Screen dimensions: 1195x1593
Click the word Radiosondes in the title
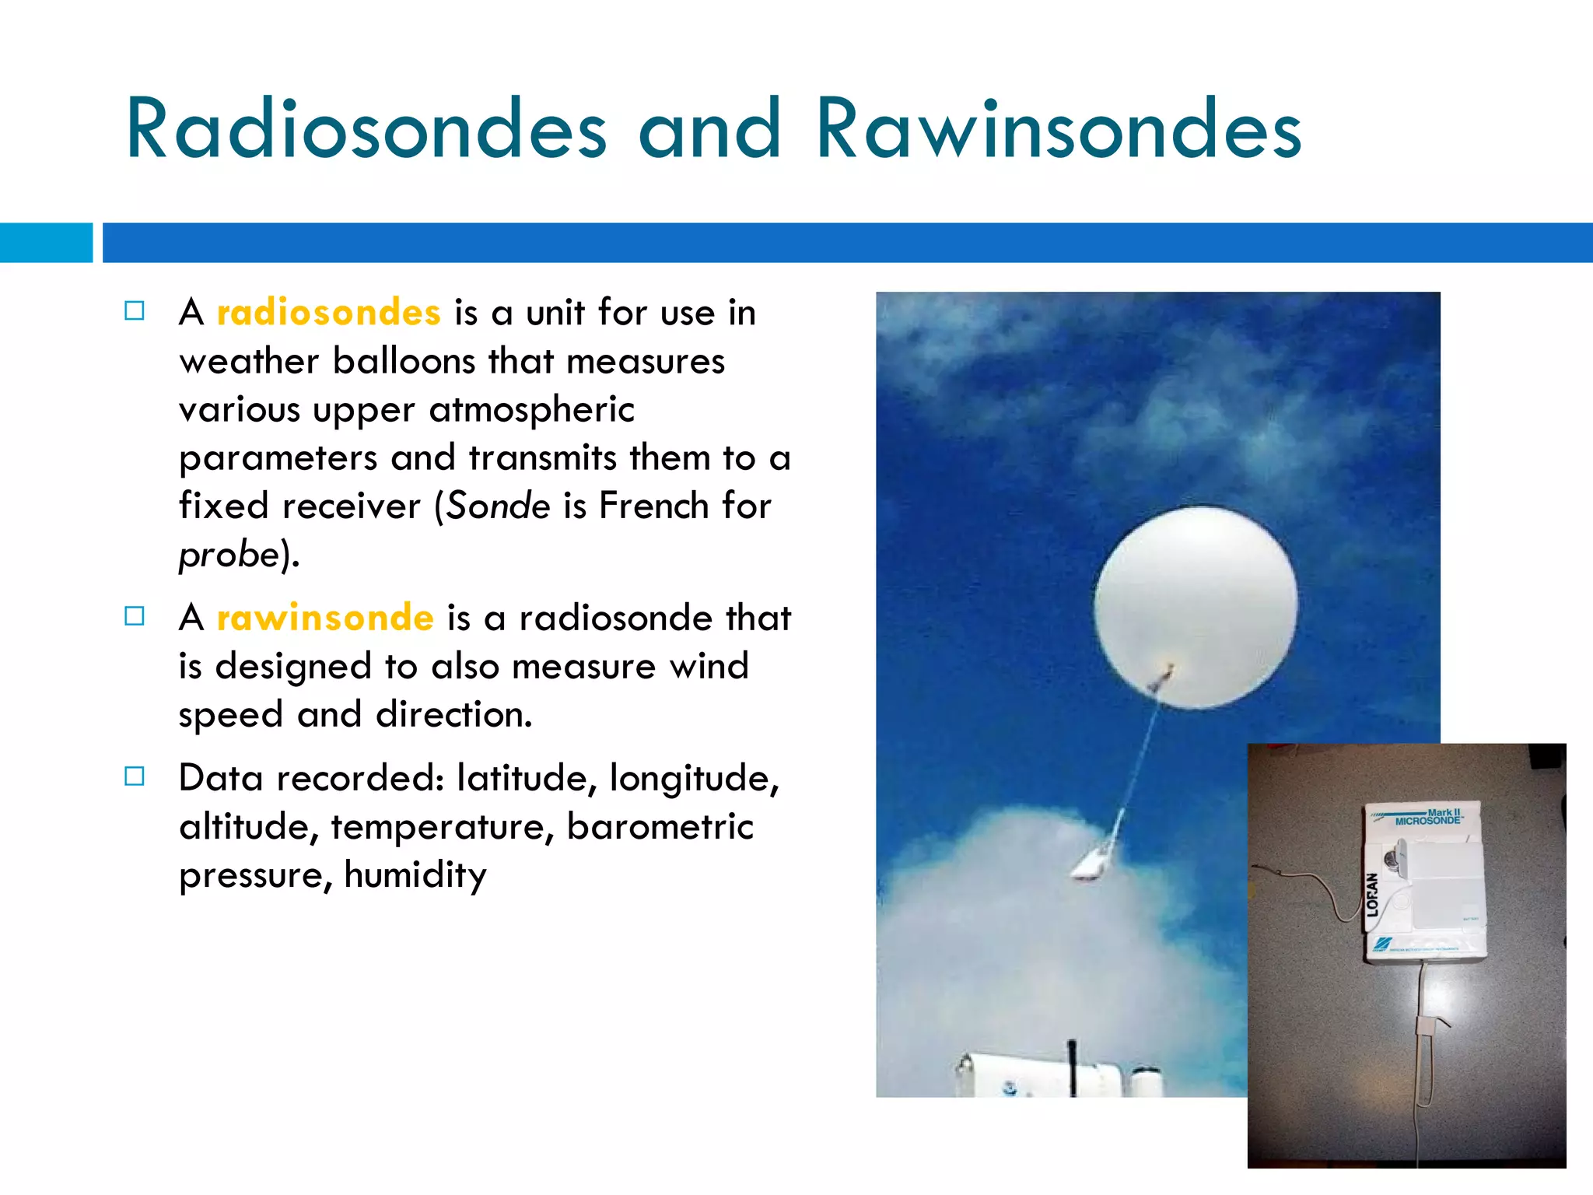366,129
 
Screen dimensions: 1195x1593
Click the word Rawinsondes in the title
1058,129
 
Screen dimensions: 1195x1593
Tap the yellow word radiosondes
328,313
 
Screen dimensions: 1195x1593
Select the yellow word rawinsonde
325,618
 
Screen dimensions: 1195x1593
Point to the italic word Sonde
499,506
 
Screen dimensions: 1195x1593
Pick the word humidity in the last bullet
415,875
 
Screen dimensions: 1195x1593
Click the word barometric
660,826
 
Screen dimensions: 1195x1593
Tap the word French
653,506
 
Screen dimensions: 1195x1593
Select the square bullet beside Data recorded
135,776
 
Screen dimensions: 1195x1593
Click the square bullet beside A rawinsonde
135,617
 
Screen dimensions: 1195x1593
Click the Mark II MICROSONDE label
1428,817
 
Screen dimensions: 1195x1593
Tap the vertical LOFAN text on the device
1373,894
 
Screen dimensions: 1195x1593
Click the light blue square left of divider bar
45,243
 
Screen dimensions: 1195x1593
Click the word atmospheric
531,410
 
